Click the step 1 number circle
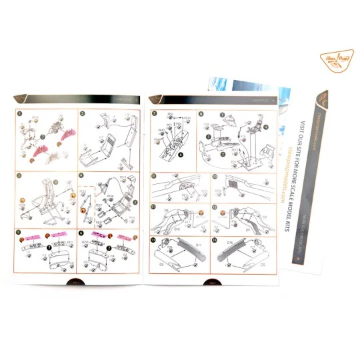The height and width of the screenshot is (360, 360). coord(20,113)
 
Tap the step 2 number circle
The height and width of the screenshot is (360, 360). coord(83,113)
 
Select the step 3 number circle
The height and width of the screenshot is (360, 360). coord(20,175)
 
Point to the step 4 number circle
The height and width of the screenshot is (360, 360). coord(83,175)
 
